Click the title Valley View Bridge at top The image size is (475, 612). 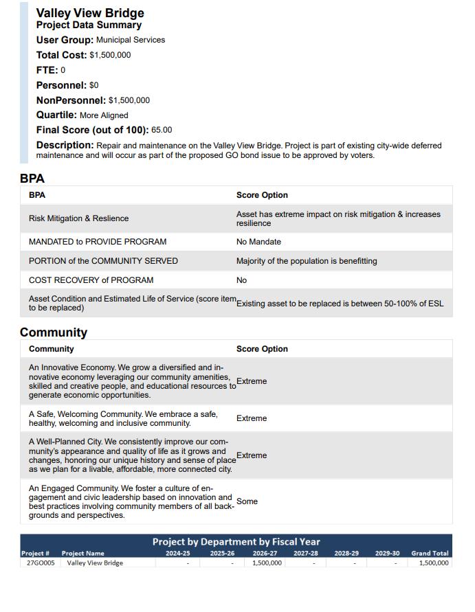90,13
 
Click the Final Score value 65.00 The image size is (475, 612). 162,130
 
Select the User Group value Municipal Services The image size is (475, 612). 131,40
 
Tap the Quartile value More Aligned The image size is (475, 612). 104,115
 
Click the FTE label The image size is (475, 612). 47,70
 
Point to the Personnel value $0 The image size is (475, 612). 94,85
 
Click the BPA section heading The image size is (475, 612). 32,179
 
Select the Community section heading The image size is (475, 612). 54,332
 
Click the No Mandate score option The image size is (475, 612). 258,242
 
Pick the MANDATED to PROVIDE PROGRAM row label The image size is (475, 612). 98,242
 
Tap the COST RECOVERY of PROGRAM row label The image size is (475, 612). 91,280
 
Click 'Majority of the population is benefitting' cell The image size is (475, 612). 307,261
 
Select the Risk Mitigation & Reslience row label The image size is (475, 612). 78,218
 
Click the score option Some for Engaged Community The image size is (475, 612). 247,501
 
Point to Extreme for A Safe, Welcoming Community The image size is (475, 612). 252,418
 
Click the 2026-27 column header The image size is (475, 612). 265,553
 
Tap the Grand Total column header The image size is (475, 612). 430,553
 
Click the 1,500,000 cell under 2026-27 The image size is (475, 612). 267,563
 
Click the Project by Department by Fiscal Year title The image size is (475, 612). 236,541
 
